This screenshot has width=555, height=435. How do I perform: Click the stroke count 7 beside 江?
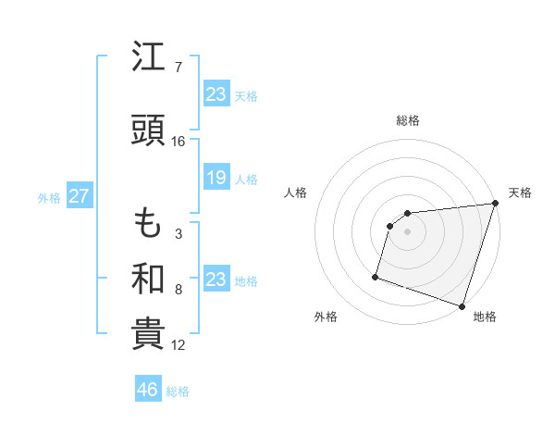click(179, 68)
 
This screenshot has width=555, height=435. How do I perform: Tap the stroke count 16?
click(179, 141)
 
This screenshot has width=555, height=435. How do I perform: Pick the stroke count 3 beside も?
click(179, 234)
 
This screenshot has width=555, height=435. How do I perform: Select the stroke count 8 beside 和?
click(179, 290)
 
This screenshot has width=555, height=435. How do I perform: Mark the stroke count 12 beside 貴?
click(179, 345)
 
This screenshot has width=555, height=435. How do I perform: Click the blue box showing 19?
click(216, 178)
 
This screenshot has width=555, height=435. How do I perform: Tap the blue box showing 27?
click(79, 196)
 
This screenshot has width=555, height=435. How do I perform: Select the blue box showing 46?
click(148, 390)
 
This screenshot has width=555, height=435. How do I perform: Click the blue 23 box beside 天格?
click(216, 93)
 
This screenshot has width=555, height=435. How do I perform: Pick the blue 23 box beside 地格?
click(216, 280)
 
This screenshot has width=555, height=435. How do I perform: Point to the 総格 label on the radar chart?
click(408, 120)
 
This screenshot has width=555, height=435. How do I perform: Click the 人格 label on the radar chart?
click(296, 193)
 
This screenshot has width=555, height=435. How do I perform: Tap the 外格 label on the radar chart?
click(326, 317)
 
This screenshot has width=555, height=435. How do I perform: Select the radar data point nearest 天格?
click(495, 204)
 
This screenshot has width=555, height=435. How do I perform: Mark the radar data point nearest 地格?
click(462, 305)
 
